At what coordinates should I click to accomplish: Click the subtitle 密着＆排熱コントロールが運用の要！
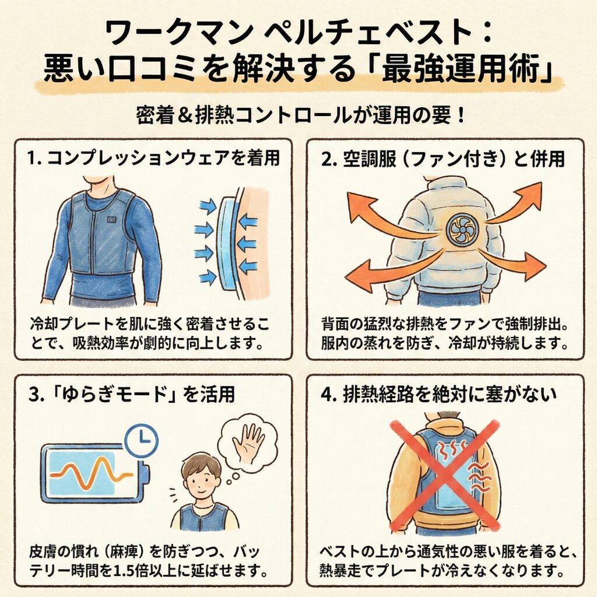point(298,114)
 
